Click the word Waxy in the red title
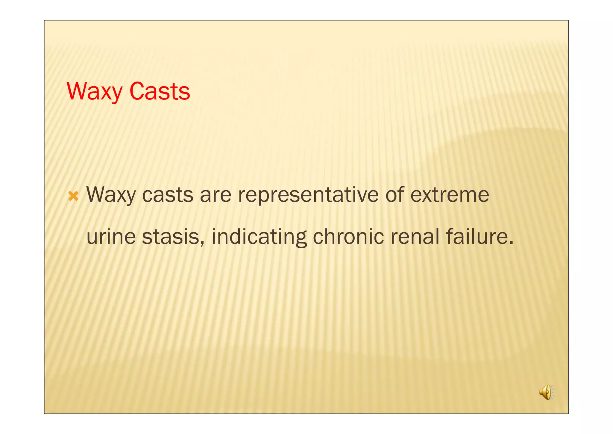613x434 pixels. click(x=94, y=91)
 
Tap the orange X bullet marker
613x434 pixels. click(x=73, y=196)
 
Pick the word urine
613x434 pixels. click(x=111, y=237)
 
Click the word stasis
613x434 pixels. click(x=171, y=237)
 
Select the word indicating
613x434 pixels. click(x=259, y=237)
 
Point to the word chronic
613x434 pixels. click(x=348, y=237)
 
